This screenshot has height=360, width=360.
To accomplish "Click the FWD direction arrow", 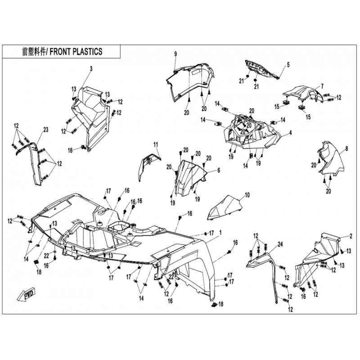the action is point(26,295).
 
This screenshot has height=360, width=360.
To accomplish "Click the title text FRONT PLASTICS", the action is point(76,51).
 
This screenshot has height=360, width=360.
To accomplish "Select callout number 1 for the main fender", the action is point(220,233).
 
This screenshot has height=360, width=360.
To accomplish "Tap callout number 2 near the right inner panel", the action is point(351,236).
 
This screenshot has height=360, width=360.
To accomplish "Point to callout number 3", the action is point(91,69).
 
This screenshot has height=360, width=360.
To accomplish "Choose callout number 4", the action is point(290,132).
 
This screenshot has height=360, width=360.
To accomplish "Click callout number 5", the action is point(288,65).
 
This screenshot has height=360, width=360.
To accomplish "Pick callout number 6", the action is point(219,170).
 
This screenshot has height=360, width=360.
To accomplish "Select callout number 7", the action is point(322,86).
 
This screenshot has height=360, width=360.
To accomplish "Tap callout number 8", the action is point(346,149).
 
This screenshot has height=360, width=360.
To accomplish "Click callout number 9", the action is point(175,54).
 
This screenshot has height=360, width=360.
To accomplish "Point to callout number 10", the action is point(247,195).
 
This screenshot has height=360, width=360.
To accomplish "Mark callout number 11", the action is point(156,144).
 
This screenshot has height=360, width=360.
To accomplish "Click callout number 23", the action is point(46,130).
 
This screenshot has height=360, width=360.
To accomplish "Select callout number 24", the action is point(280,244).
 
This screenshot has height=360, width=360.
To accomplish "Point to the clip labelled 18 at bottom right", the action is point(214,305).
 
